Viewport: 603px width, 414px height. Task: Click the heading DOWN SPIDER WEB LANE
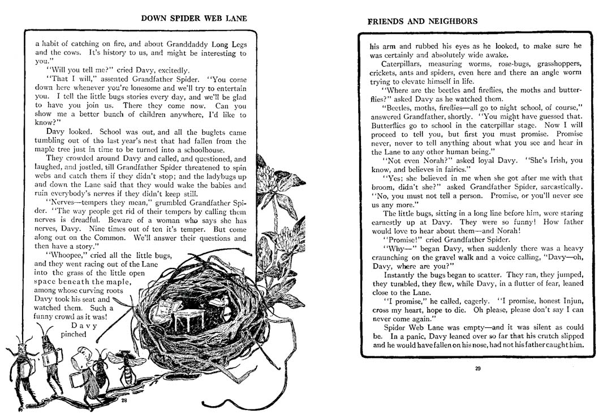click(x=194, y=18)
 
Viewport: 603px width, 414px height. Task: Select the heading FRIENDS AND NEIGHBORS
click(x=422, y=22)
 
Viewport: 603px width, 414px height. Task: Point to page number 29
click(x=477, y=369)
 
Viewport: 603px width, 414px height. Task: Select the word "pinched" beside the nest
click(x=74, y=334)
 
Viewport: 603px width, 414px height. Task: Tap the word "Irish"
click(x=558, y=160)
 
